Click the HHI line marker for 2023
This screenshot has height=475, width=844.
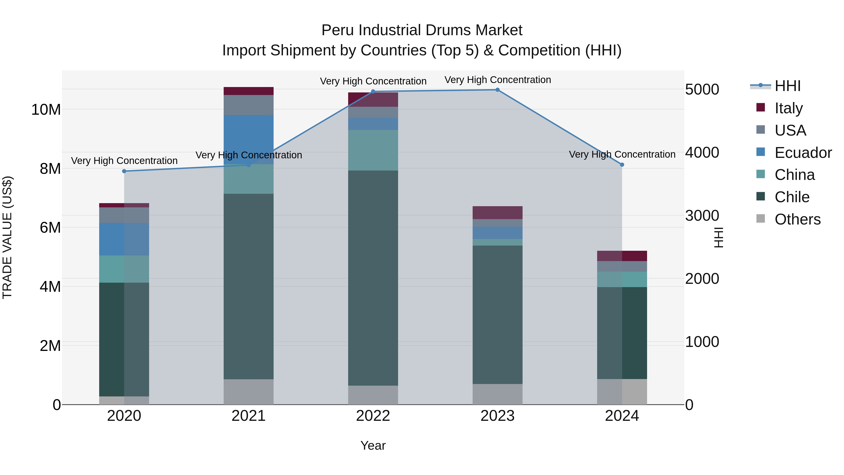pos(497,90)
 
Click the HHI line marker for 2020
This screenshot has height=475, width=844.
pos(124,171)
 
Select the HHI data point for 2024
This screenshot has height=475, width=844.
pos(622,165)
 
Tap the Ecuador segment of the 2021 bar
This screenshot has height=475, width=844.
pos(248,139)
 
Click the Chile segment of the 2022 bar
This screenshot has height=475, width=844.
pos(373,278)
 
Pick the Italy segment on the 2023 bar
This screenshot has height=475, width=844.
pos(497,213)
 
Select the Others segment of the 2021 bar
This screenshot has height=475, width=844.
pos(248,392)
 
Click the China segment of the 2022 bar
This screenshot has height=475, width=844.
pos(373,150)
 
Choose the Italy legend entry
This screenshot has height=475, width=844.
pos(788,108)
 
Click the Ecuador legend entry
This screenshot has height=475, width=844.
pos(803,152)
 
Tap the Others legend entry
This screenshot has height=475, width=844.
pos(797,219)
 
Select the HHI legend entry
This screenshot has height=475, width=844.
pos(787,86)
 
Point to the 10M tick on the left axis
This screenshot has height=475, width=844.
pos(46,110)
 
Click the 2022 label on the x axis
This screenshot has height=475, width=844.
pos(373,416)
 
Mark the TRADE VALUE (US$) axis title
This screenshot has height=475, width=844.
pos(8,237)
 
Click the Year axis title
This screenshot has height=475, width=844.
pos(373,445)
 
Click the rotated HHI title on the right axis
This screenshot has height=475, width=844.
pos(718,237)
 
